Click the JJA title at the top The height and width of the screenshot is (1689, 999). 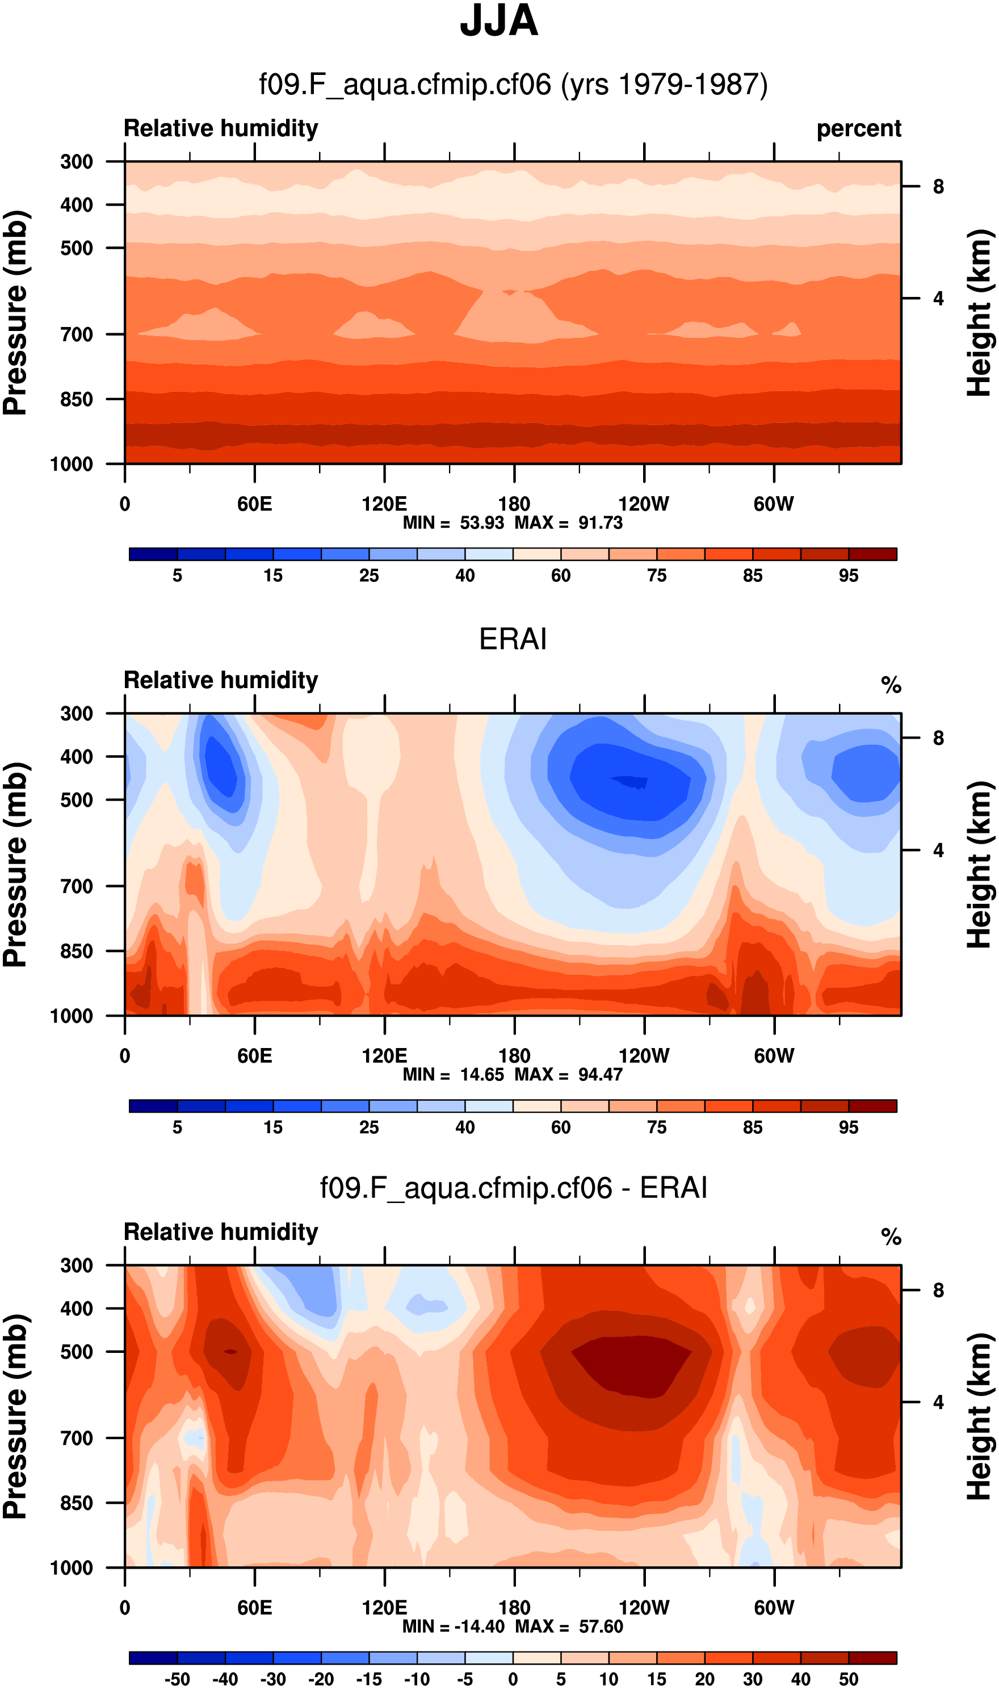(499, 22)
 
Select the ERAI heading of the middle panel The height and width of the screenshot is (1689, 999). (513, 639)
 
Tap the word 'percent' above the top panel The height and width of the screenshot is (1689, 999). (858, 128)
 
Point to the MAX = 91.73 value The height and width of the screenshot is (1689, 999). (569, 523)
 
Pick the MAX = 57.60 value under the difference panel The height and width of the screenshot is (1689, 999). (569, 1627)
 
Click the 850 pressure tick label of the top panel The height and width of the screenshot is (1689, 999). (76, 399)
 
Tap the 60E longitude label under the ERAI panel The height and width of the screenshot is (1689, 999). (254, 1055)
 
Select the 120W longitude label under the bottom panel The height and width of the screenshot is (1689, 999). (644, 1608)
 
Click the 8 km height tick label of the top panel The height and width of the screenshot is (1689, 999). (938, 186)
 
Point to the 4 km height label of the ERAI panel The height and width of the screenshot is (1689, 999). (938, 850)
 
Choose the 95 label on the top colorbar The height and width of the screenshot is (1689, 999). (848, 576)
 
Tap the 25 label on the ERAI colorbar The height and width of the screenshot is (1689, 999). (369, 1128)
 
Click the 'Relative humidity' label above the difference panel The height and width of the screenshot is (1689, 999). (221, 1232)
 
